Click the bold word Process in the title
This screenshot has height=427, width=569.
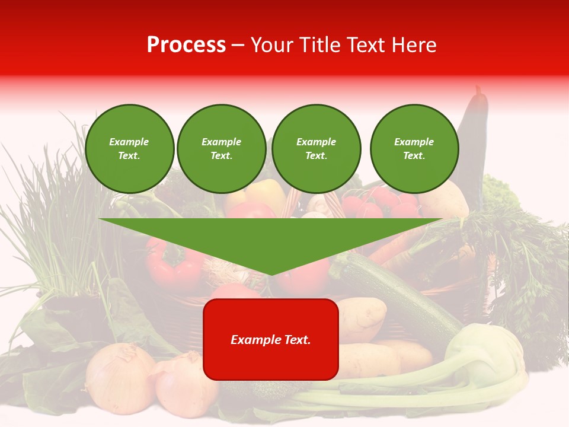click(x=186, y=45)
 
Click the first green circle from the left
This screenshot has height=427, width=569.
click(x=129, y=149)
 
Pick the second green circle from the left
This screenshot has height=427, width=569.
click(x=221, y=149)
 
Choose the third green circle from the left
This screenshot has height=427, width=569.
click(x=316, y=149)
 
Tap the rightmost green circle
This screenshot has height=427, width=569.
click(x=414, y=149)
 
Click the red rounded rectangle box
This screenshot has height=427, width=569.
click(x=270, y=339)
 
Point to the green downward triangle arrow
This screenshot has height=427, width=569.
click(x=270, y=240)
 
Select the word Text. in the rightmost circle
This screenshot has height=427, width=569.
click(x=414, y=156)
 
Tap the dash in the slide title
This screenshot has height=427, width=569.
click(x=238, y=45)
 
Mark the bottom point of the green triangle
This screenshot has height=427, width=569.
click(x=270, y=273)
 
